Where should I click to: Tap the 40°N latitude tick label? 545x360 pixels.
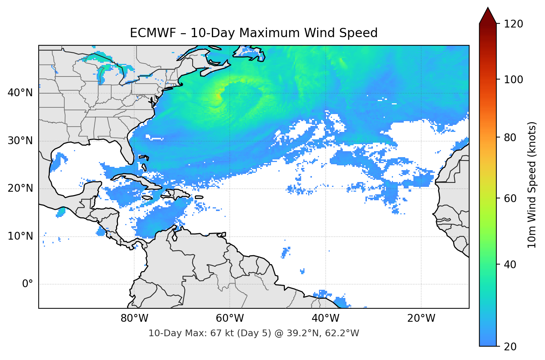(20, 93)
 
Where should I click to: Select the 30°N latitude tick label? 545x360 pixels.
(20, 140)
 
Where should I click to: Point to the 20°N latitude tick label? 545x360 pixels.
(20, 188)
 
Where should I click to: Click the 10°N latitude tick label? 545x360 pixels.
(20, 236)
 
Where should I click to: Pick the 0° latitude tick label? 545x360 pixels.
(27, 284)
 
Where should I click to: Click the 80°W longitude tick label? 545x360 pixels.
(134, 318)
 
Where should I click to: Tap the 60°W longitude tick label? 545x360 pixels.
(230, 318)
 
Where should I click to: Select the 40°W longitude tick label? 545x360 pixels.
(326, 318)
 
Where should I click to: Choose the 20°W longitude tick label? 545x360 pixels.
(421, 318)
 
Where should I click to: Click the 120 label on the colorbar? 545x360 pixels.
(513, 24)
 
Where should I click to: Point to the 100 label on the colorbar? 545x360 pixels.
(513, 80)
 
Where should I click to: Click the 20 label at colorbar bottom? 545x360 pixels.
(510, 347)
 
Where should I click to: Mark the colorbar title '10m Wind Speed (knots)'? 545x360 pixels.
(532, 185)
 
